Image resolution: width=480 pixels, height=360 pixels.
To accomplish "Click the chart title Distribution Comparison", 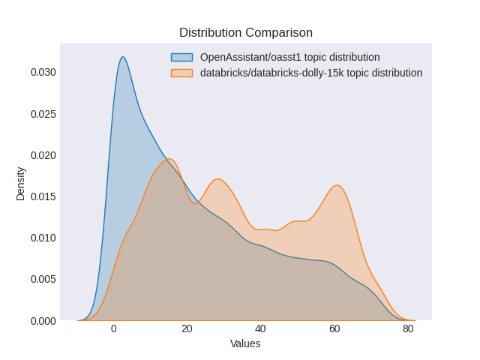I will pos(245,33).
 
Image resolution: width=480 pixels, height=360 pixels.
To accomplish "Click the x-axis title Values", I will pos(245,343).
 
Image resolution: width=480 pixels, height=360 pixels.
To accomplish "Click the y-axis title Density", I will pos(21,183).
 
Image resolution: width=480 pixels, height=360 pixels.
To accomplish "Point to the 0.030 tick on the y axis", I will pos(43,73).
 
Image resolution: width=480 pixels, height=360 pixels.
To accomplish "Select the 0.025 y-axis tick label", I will pos(43,114).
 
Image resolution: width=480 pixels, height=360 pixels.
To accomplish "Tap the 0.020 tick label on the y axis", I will pos(43,155).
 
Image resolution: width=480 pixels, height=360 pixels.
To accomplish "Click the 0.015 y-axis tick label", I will pos(43,196).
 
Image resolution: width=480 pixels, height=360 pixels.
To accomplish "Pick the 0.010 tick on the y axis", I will pos(43,238).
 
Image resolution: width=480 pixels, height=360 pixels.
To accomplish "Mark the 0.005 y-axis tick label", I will pos(43,279).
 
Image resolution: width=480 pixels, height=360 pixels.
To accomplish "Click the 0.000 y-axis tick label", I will pos(43,321).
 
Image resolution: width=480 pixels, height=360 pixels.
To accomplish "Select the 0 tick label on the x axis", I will pos(113,328).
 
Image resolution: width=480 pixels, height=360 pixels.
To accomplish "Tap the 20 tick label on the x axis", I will pos(187,328).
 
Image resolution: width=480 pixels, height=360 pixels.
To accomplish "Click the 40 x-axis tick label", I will pos(260,328).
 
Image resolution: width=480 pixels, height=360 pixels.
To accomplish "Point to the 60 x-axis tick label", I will pos(334,328).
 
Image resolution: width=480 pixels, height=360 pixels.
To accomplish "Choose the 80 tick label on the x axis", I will pos(407,328).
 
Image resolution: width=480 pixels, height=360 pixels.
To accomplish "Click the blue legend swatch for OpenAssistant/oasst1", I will pos(181,57).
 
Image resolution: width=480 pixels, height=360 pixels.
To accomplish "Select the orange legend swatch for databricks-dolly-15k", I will pos(181,73).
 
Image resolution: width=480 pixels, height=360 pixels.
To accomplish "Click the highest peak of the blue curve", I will pos(122,57).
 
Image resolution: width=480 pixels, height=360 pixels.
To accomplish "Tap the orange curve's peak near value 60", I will pos(337,185).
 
